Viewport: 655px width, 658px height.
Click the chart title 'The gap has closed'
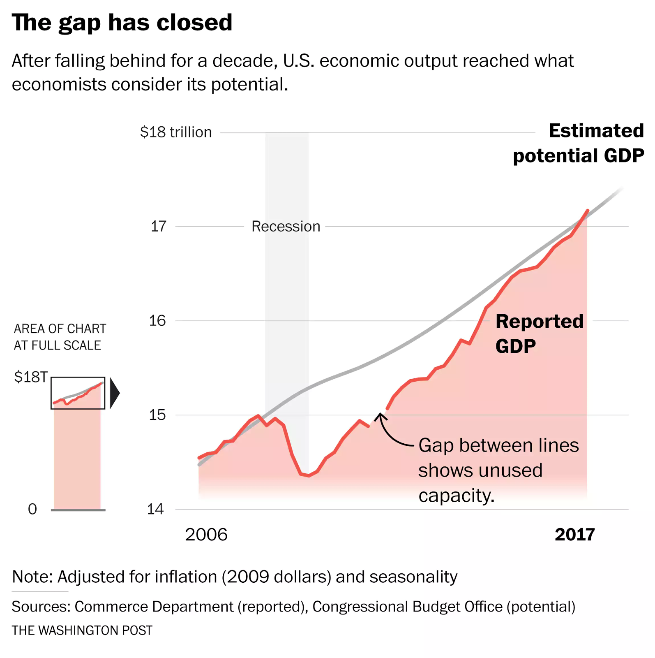(122, 23)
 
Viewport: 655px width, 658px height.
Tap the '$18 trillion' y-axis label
(176, 132)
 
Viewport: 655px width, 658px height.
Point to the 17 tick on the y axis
(158, 226)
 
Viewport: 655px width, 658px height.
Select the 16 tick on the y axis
(157, 321)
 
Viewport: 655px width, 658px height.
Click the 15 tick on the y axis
(157, 415)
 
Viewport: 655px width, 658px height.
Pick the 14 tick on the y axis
(156, 510)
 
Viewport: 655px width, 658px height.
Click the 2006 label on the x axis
(206, 535)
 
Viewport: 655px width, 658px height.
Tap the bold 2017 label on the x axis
(574, 535)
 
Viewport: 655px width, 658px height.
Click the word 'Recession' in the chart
(286, 227)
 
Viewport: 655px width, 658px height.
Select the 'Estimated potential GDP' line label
(578, 143)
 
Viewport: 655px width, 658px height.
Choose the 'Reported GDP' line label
(539, 334)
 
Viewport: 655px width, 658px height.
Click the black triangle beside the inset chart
(114, 393)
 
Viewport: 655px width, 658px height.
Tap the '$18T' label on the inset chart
(31, 377)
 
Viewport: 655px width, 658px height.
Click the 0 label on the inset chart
(32, 509)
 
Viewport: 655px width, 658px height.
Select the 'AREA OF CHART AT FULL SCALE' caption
(60, 337)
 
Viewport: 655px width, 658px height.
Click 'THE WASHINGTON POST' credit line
(82, 630)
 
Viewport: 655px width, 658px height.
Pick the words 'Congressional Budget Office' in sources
(407, 607)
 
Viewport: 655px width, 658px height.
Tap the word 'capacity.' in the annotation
(456, 496)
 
